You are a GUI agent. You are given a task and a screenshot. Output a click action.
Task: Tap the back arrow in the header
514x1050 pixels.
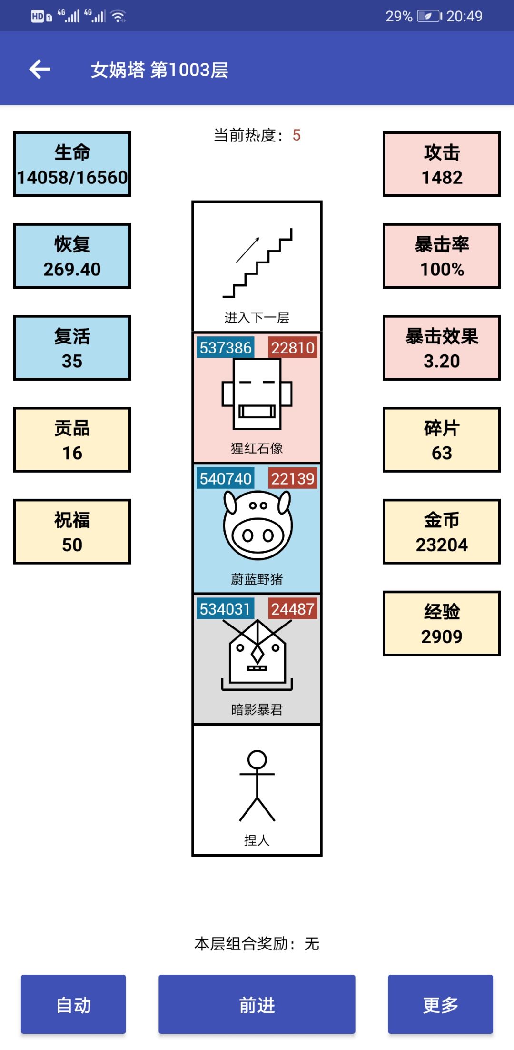[40, 70]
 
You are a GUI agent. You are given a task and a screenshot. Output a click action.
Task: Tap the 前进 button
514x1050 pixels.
[257, 1004]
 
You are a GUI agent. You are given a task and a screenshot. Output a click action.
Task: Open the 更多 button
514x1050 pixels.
[440, 1004]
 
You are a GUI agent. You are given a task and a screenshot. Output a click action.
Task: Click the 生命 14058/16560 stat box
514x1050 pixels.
[72, 164]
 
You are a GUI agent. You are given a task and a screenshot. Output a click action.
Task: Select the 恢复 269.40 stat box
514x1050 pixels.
[72, 256]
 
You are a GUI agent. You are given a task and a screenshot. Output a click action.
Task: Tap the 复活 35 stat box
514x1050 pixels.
[72, 348]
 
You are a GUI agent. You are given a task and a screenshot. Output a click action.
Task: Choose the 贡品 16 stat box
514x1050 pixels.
[72, 440]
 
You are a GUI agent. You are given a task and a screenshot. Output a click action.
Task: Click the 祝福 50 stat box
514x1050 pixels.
[72, 532]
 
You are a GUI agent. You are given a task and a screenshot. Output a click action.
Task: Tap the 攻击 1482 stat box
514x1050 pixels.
[442, 164]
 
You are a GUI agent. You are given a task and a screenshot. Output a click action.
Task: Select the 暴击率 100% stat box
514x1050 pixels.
[442, 256]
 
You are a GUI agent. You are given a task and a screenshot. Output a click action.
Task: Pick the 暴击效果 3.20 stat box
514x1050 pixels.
[442, 348]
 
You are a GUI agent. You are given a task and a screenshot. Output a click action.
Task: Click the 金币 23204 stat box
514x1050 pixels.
[442, 532]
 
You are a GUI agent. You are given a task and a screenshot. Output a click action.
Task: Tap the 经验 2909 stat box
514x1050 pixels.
[442, 624]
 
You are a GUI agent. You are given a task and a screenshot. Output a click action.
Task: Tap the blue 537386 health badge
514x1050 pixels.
[225, 348]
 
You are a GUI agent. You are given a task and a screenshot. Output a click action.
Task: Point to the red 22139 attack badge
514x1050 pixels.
[293, 478]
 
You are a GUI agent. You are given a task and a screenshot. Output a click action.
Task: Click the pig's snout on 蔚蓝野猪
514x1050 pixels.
[257, 535]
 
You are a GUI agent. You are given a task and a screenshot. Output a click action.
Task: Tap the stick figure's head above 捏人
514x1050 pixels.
[257, 759]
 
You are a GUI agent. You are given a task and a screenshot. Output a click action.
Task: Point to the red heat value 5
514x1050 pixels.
[297, 135]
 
